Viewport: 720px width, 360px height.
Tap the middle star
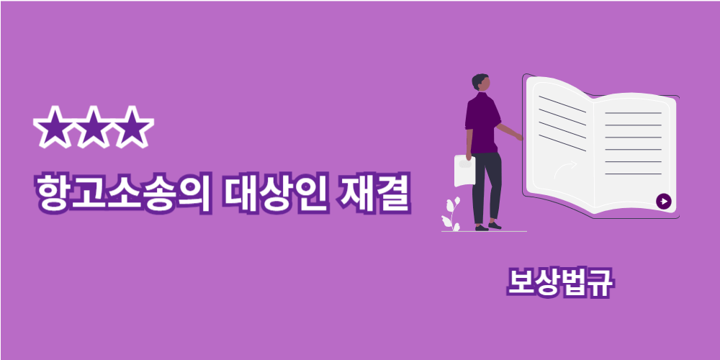click(x=94, y=127)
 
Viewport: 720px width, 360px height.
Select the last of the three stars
click(x=132, y=127)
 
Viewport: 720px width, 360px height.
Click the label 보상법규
click(x=559, y=283)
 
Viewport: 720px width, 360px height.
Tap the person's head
click(x=481, y=83)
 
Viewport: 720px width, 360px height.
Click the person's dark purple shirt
click(x=482, y=122)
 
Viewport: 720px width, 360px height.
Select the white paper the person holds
click(x=464, y=171)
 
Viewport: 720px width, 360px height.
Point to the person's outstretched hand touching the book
click(x=519, y=138)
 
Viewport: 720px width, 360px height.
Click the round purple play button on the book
click(x=664, y=201)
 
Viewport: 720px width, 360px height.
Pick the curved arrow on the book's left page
click(x=564, y=169)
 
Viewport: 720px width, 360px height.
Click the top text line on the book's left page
click(x=562, y=104)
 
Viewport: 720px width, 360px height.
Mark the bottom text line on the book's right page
click(x=633, y=174)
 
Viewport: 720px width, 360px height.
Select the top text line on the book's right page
click(x=633, y=113)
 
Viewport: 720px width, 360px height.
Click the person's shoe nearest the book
click(x=495, y=225)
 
